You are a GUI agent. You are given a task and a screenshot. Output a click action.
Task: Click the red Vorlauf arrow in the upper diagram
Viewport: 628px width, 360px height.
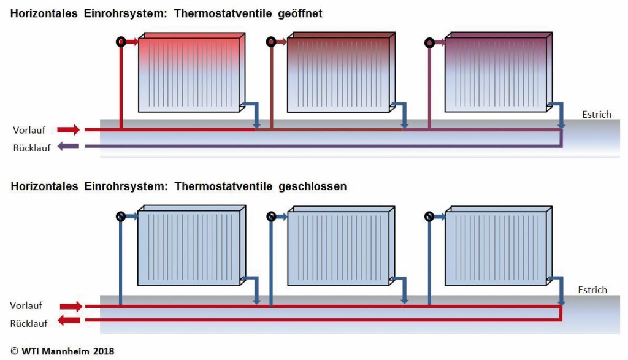(69, 130)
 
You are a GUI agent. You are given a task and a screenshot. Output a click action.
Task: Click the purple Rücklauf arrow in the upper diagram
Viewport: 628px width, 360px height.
(69, 147)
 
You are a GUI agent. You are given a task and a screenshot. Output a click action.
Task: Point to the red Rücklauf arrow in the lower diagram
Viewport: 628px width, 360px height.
(69, 320)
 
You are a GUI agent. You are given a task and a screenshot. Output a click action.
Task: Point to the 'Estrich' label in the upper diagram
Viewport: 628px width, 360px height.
(597, 115)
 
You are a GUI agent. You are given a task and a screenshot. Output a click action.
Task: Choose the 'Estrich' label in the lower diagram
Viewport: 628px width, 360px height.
(592, 290)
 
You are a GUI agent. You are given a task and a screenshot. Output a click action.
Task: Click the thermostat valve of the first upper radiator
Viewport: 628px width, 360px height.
(121, 42)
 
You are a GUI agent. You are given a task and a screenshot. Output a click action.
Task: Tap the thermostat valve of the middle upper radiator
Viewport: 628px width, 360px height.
(271, 42)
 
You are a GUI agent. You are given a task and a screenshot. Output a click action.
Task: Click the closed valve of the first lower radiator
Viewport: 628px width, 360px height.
(121, 216)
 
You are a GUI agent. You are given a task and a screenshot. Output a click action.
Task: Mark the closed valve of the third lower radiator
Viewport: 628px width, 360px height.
(429, 216)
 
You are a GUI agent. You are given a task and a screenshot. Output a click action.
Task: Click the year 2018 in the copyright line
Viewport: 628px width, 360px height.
(103, 351)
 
